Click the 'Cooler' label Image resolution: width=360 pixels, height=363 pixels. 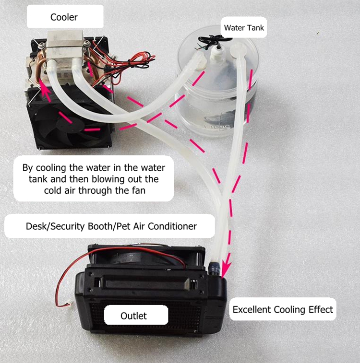(64, 17)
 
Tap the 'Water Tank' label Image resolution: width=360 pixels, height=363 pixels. (244, 28)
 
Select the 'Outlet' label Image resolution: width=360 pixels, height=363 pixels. (133, 316)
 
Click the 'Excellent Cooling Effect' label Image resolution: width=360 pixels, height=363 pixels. (283, 309)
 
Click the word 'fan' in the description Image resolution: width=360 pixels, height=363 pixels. (139, 190)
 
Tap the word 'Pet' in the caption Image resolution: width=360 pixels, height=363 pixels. (123, 226)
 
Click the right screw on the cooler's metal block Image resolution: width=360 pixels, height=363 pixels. (87, 43)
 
